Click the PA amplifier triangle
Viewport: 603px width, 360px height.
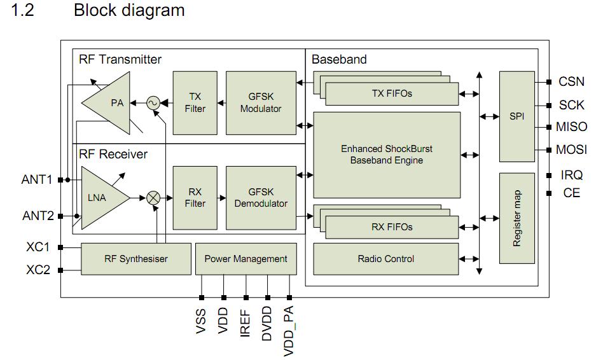(109, 102)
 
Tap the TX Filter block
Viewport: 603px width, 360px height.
(195, 102)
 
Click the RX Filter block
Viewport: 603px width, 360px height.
(195, 198)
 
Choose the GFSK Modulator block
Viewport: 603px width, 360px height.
(261, 102)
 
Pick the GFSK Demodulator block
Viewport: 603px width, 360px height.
(261, 198)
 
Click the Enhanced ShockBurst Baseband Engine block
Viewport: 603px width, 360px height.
(386, 155)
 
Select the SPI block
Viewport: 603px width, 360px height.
(516, 116)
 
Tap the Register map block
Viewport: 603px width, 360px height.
(516, 218)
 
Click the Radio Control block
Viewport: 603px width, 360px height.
(386, 259)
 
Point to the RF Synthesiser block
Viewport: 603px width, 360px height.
(135, 259)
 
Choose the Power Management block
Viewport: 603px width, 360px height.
(246, 259)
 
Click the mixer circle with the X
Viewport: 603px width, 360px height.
(153, 198)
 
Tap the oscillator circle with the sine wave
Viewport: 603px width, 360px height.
(153, 102)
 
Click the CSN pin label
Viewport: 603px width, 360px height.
(571, 81)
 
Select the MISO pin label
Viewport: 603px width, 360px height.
(571, 127)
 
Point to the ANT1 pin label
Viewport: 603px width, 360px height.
(37, 180)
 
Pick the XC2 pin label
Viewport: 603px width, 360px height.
(38, 270)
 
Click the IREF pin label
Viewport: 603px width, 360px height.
(246, 321)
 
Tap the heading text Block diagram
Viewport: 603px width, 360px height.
(129, 11)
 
